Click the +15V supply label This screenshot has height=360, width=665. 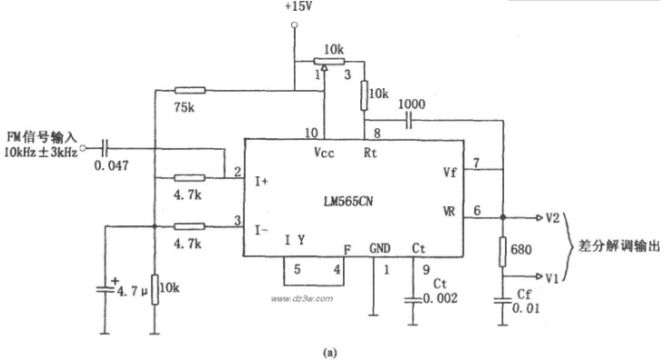point(298,7)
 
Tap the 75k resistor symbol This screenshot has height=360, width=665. point(189,90)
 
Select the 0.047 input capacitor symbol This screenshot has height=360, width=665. point(105,148)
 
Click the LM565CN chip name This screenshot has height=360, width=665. point(348,201)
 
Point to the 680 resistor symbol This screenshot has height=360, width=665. point(502,252)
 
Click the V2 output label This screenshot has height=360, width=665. point(552,218)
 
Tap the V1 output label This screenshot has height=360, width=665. point(552,278)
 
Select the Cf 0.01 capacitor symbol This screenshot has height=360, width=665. point(502,301)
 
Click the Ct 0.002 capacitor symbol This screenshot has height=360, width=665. point(413,300)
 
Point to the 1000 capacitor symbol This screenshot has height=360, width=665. point(408,121)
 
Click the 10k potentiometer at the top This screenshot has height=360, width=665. point(328,62)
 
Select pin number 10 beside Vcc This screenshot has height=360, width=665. point(311,133)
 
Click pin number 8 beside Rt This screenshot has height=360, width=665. point(377,133)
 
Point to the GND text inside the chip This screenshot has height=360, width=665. point(379,248)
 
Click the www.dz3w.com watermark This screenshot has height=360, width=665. point(301,299)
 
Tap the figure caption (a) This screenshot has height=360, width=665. point(329,353)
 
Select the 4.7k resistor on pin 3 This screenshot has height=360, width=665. point(189,227)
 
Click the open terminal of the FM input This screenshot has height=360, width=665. point(83,148)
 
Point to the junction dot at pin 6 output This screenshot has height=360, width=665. point(502,217)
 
